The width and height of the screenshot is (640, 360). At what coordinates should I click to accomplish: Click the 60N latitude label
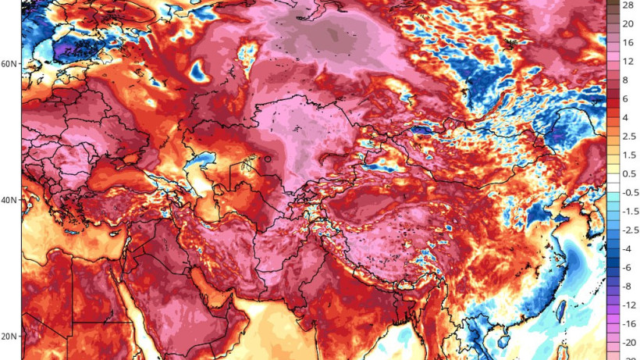point(10,64)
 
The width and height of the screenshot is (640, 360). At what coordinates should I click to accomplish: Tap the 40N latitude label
point(10,200)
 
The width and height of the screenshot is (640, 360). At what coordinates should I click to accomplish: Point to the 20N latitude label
point(10,337)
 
